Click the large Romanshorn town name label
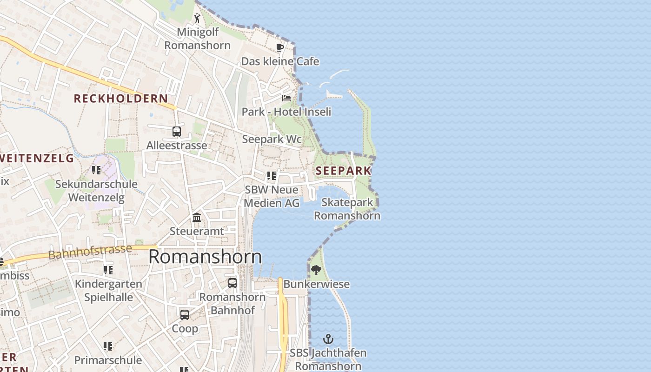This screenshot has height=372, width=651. [205, 257]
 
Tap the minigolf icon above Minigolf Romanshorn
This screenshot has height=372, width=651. [197, 19]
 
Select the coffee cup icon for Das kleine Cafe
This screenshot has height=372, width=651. [280, 48]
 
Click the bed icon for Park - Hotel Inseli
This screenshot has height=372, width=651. [286, 98]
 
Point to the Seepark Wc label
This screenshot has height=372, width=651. [272, 139]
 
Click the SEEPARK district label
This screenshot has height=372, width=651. [343, 171]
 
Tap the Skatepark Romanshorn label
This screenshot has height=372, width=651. [347, 209]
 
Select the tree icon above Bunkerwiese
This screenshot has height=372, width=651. [316, 270]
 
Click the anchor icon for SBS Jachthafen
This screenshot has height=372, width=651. [328, 339]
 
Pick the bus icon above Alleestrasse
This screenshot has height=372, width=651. [177, 132]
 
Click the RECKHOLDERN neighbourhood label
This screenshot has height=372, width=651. [121, 99]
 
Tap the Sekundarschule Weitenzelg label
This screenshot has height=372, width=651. [96, 191]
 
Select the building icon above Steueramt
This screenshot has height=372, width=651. [197, 218]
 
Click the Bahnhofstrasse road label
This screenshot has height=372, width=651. [90, 252]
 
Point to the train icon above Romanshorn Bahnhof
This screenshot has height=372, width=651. [232, 283]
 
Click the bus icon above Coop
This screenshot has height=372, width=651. [185, 315]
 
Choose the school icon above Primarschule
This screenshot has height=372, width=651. [108, 346]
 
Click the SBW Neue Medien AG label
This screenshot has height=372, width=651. [272, 196]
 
